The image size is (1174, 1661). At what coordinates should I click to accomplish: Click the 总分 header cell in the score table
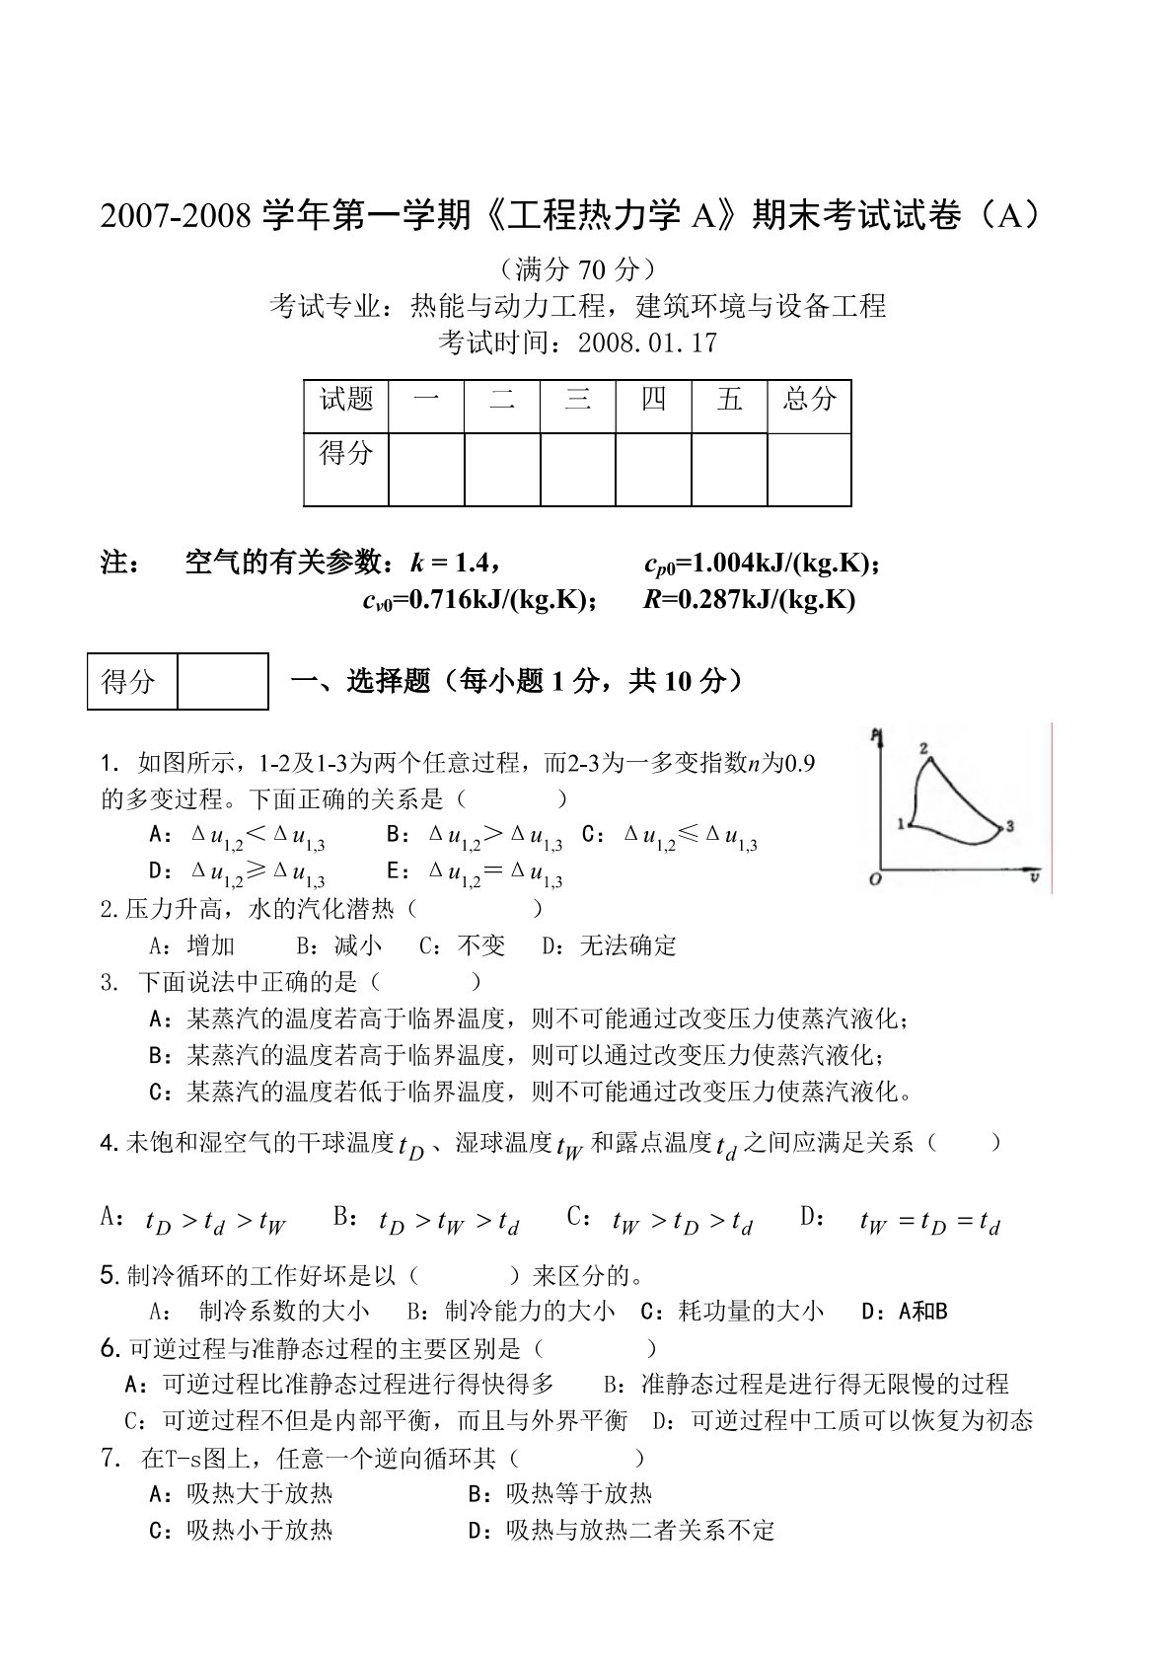click(x=809, y=400)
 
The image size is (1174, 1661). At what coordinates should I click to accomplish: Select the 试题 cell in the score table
click(x=346, y=400)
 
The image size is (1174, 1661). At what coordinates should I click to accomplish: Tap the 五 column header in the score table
click(x=730, y=400)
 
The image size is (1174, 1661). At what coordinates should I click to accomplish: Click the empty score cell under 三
click(x=578, y=469)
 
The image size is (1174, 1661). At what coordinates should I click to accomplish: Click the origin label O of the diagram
click(x=874, y=879)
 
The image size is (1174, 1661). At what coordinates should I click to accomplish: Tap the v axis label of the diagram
click(x=1034, y=875)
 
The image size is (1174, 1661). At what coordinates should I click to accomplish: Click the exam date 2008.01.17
click(x=647, y=343)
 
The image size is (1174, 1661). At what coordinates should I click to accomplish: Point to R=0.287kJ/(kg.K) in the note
click(x=749, y=600)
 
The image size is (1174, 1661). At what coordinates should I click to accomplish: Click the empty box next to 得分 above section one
click(x=222, y=681)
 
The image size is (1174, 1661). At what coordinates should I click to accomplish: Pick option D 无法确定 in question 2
click(x=609, y=945)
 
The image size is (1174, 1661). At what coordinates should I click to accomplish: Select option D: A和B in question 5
click(x=904, y=1312)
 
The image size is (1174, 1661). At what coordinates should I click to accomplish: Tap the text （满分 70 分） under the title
click(x=578, y=269)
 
